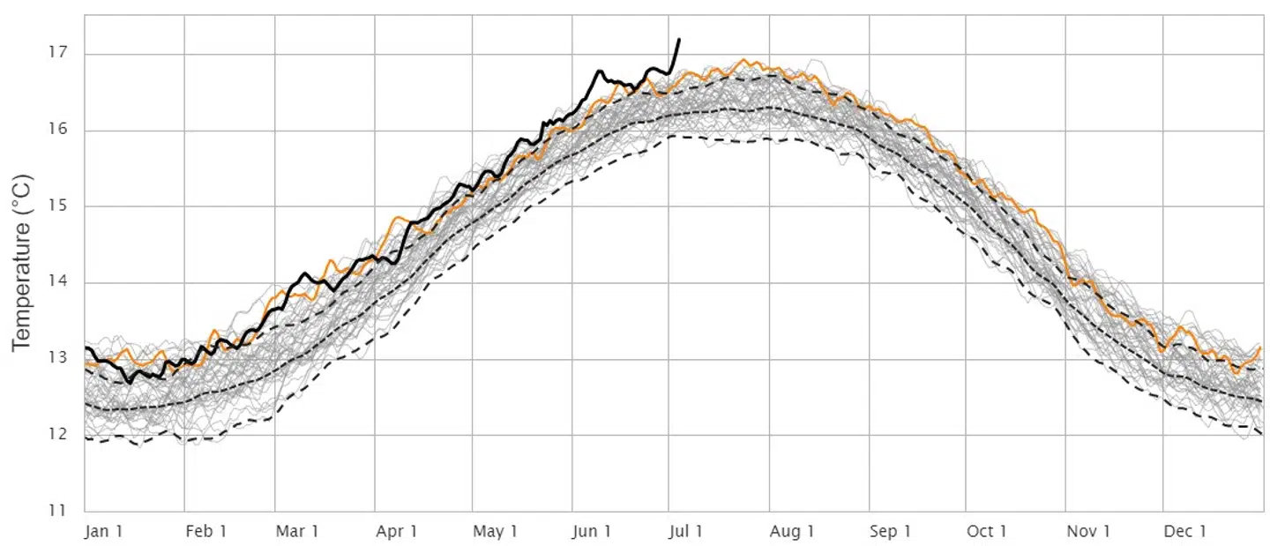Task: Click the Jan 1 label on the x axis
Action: pyautogui.click(x=104, y=531)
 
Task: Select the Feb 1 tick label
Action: pyautogui.click(x=205, y=531)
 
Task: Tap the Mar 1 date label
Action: pyautogui.click(x=297, y=531)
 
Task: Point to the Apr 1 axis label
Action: pyautogui.click(x=396, y=531)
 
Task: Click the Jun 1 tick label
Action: pyautogui.click(x=592, y=531)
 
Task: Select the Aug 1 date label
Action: pyautogui.click(x=791, y=531)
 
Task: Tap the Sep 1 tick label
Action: pyautogui.click(x=890, y=531)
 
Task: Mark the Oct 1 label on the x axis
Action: pyautogui.click(x=986, y=531)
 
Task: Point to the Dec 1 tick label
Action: pyautogui.click(x=1184, y=531)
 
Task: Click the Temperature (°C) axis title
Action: pyautogui.click(x=23, y=263)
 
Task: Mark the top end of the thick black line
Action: pyautogui.click(x=678, y=40)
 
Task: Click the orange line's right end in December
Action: pyautogui.click(x=1260, y=348)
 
